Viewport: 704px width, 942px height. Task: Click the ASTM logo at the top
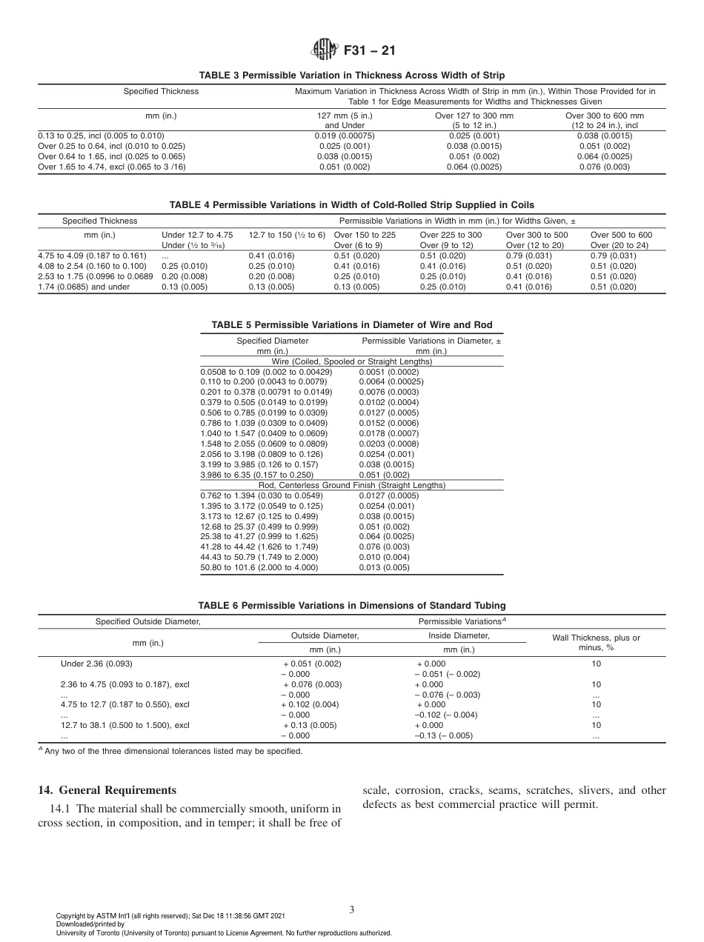(x=324, y=51)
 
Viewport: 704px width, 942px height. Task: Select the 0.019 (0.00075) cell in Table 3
(x=345, y=136)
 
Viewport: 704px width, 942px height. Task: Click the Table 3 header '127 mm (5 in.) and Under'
(x=345, y=121)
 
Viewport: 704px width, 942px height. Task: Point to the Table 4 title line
(x=351, y=205)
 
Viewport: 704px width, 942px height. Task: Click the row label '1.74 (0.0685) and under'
(x=84, y=287)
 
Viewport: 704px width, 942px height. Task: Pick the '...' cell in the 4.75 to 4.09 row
(x=165, y=255)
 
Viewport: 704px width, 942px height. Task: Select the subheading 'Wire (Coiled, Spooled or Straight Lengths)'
(x=351, y=361)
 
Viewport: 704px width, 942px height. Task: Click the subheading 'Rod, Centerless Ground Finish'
(x=351, y=485)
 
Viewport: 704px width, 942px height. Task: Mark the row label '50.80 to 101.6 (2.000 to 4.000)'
(x=259, y=567)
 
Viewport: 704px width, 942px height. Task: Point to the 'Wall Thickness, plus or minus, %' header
(x=596, y=642)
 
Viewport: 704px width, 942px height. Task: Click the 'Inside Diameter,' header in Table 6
(x=459, y=635)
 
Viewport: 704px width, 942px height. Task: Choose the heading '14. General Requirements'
(x=107, y=790)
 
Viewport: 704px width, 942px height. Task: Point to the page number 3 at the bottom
(x=351, y=909)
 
